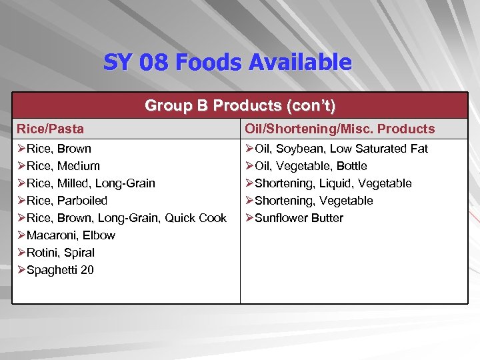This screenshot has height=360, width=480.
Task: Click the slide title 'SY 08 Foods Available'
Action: tap(227, 63)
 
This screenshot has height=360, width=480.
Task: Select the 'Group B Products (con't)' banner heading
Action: tap(240, 105)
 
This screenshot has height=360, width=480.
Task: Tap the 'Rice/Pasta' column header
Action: tap(51, 129)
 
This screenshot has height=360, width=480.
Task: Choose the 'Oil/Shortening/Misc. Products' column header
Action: tap(340, 129)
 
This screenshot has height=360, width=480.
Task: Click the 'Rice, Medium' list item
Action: tap(63, 166)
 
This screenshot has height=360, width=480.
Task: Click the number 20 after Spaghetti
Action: tap(87, 270)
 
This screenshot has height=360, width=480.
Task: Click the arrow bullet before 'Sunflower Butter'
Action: tap(249, 218)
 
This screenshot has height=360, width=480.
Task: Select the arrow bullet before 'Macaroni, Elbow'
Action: tap(21, 235)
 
